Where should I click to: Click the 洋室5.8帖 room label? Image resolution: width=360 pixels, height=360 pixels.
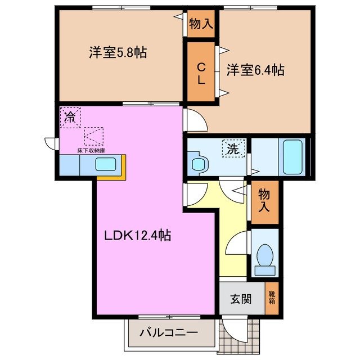pyautogui.click(x=118, y=53)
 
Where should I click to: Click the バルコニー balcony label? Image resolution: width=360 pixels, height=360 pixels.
pyautogui.click(x=169, y=333)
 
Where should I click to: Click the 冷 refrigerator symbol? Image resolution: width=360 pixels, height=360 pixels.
pyautogui.click(x=71, y=118)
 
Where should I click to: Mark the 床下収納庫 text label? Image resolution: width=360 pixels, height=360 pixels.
pyautogui.click(x=92, y=151)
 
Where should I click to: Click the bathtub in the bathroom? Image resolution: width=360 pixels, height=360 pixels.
pyautogui.click(x=294, y=156)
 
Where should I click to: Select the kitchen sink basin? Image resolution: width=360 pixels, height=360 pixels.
pyautogui.click(x=105, y=165)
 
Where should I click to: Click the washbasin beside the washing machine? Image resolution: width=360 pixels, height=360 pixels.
pyautogui.click(x=197, y=164)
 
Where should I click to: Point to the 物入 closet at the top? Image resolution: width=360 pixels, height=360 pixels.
pyautogui.click(x=201, y=24)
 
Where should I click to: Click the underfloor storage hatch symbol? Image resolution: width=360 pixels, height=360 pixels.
pyautogui.click(x=94, y=136)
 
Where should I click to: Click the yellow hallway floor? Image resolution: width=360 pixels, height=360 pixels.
pyautogui.click(x=231, y=225)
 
